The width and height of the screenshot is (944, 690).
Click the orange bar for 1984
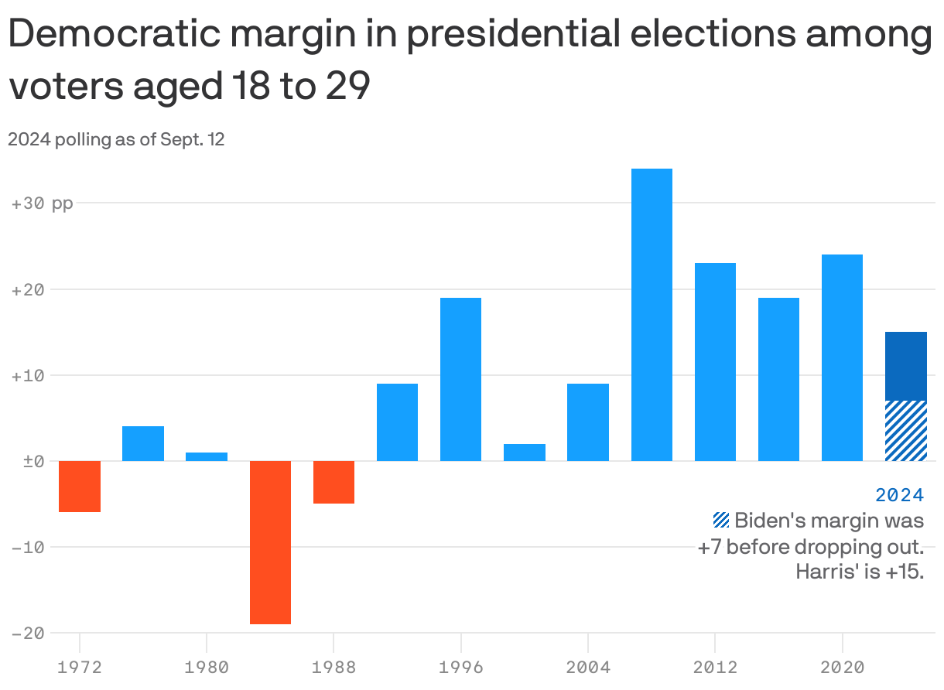270,541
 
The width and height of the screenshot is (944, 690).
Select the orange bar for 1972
80,486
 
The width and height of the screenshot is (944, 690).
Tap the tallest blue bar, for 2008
652,314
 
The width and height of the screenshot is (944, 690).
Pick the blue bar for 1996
460,379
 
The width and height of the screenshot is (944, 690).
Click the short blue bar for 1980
207,456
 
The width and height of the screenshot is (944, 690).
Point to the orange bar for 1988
333,482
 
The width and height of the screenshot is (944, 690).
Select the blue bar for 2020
842,357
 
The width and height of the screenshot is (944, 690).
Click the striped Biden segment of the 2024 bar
905,431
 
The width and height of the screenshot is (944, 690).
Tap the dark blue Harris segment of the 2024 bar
905,366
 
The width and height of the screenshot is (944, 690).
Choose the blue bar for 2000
524,453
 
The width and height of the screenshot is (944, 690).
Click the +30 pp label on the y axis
43,204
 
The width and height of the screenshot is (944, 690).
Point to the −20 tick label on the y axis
28,633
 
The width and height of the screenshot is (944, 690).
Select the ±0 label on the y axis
28,461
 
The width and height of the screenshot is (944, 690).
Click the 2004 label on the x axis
588,667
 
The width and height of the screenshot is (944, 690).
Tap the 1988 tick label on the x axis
333,667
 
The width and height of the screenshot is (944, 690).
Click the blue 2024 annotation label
899,494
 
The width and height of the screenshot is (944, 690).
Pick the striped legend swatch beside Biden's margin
721,520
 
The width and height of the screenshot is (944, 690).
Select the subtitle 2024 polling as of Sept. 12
116,140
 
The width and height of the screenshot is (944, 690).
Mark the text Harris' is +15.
860,573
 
